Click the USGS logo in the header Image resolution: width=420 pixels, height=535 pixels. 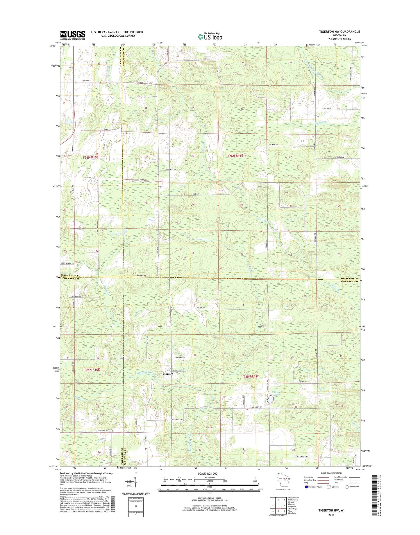(73, 35)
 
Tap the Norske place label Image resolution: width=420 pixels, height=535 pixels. (168, 374)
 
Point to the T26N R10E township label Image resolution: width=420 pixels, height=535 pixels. (91, 157)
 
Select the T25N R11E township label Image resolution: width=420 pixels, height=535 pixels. (251, 376)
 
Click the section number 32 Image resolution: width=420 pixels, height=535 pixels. (192, 253)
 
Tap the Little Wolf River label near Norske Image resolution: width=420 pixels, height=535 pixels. (144, 373)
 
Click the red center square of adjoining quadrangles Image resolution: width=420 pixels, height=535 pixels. (278, 505)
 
